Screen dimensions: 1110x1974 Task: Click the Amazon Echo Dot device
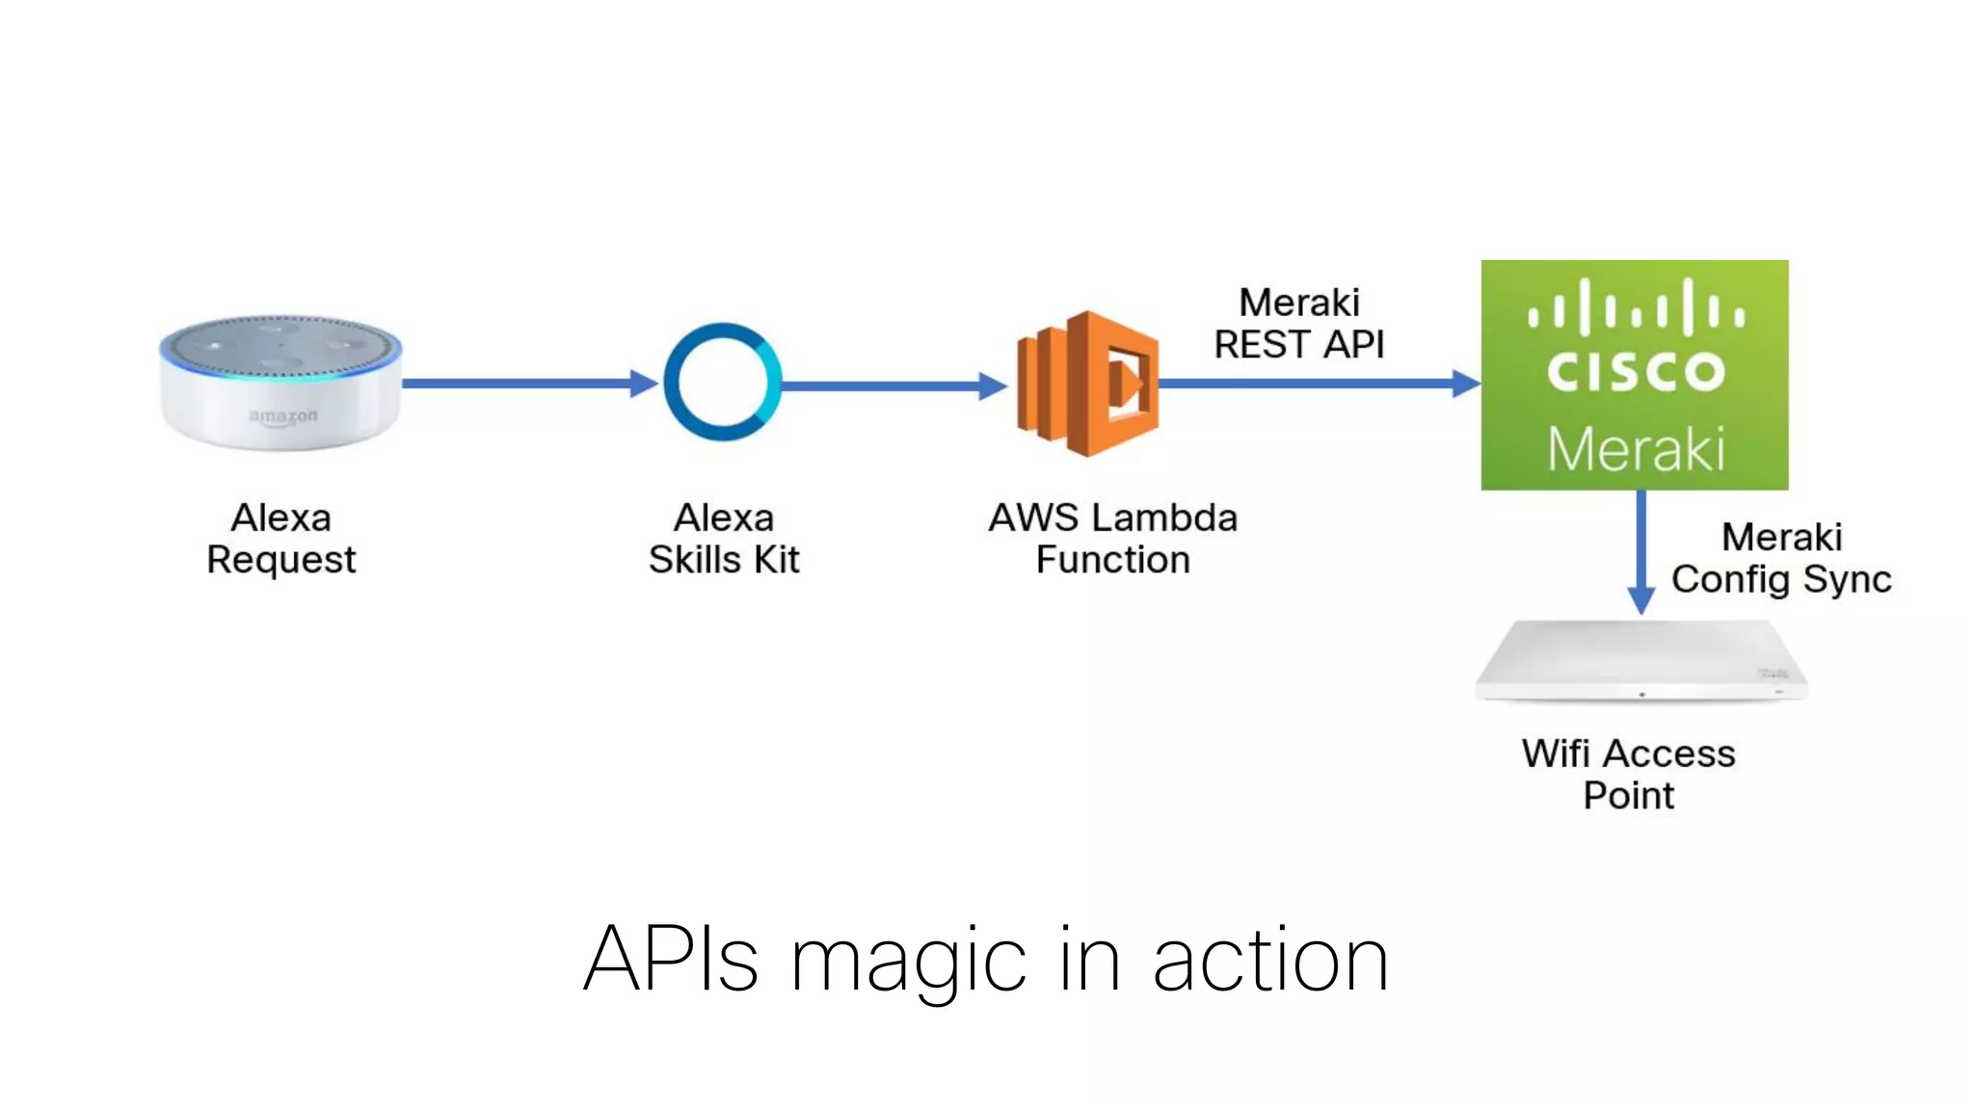[280, 383]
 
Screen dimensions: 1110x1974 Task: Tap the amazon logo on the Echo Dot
[282, 417]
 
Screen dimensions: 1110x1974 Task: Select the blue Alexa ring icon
[723, 383]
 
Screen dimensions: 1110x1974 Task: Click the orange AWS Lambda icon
[1087, 383]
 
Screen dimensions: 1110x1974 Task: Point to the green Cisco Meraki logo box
[1635, 375]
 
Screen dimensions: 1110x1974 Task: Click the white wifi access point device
[1641, 662]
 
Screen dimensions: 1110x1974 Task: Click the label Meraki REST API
[1298, 324]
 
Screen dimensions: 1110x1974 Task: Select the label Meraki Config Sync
[1781, 558]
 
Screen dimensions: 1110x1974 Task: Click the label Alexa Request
[281, 539]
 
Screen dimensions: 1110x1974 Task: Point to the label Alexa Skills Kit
[724, 539]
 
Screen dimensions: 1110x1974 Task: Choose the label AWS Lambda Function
[1112, 539]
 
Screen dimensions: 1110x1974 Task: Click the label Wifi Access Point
[1628, 774]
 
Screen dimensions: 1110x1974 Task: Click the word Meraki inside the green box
[1636, 449]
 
